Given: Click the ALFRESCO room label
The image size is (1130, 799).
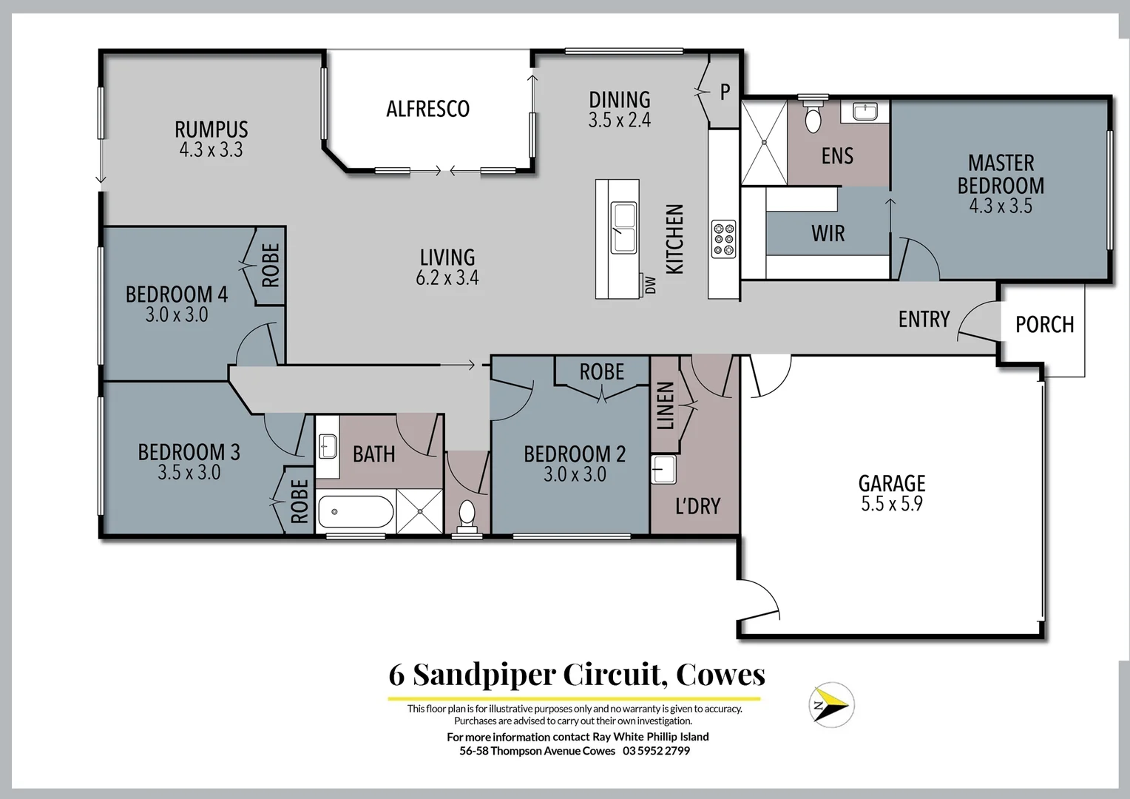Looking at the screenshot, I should [x=427, y=109].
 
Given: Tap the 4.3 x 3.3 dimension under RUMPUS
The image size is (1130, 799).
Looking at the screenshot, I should [x=211, y=150].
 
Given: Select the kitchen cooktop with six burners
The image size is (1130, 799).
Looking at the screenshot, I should [x=723, y=239].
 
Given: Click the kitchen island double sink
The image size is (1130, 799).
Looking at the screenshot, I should [x=623, y=227].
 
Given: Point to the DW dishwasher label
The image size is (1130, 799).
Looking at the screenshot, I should [x=650, y=285].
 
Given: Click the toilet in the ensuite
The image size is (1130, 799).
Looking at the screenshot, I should [x=813, y=117].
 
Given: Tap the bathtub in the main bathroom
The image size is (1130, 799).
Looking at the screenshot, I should [x=355, y=511].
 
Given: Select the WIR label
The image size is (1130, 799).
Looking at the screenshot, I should [x=828, y=234].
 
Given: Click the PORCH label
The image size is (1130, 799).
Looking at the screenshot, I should [x=1044, y=324].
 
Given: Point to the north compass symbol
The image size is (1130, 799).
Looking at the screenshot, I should [x=830, y=704].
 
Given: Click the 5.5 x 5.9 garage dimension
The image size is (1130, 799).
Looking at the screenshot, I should [x=891, y=505].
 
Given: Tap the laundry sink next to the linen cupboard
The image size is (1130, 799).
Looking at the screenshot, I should [x=663, y=470].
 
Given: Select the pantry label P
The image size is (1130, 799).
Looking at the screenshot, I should [x=725, y=92].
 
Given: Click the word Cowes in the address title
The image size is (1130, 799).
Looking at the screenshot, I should [x=720, y=674].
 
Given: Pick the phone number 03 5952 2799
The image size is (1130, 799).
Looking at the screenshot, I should [x=656, y=751].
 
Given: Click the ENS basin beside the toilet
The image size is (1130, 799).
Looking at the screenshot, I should [x=865, y=111].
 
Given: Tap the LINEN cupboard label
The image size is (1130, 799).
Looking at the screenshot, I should [x=666, y=405].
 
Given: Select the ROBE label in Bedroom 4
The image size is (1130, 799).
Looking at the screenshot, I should [x=271, y=266].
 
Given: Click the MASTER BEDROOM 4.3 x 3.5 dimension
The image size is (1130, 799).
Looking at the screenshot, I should [x=1001, y=206].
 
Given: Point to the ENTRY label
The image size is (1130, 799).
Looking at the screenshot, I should [x=924, y=319].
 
